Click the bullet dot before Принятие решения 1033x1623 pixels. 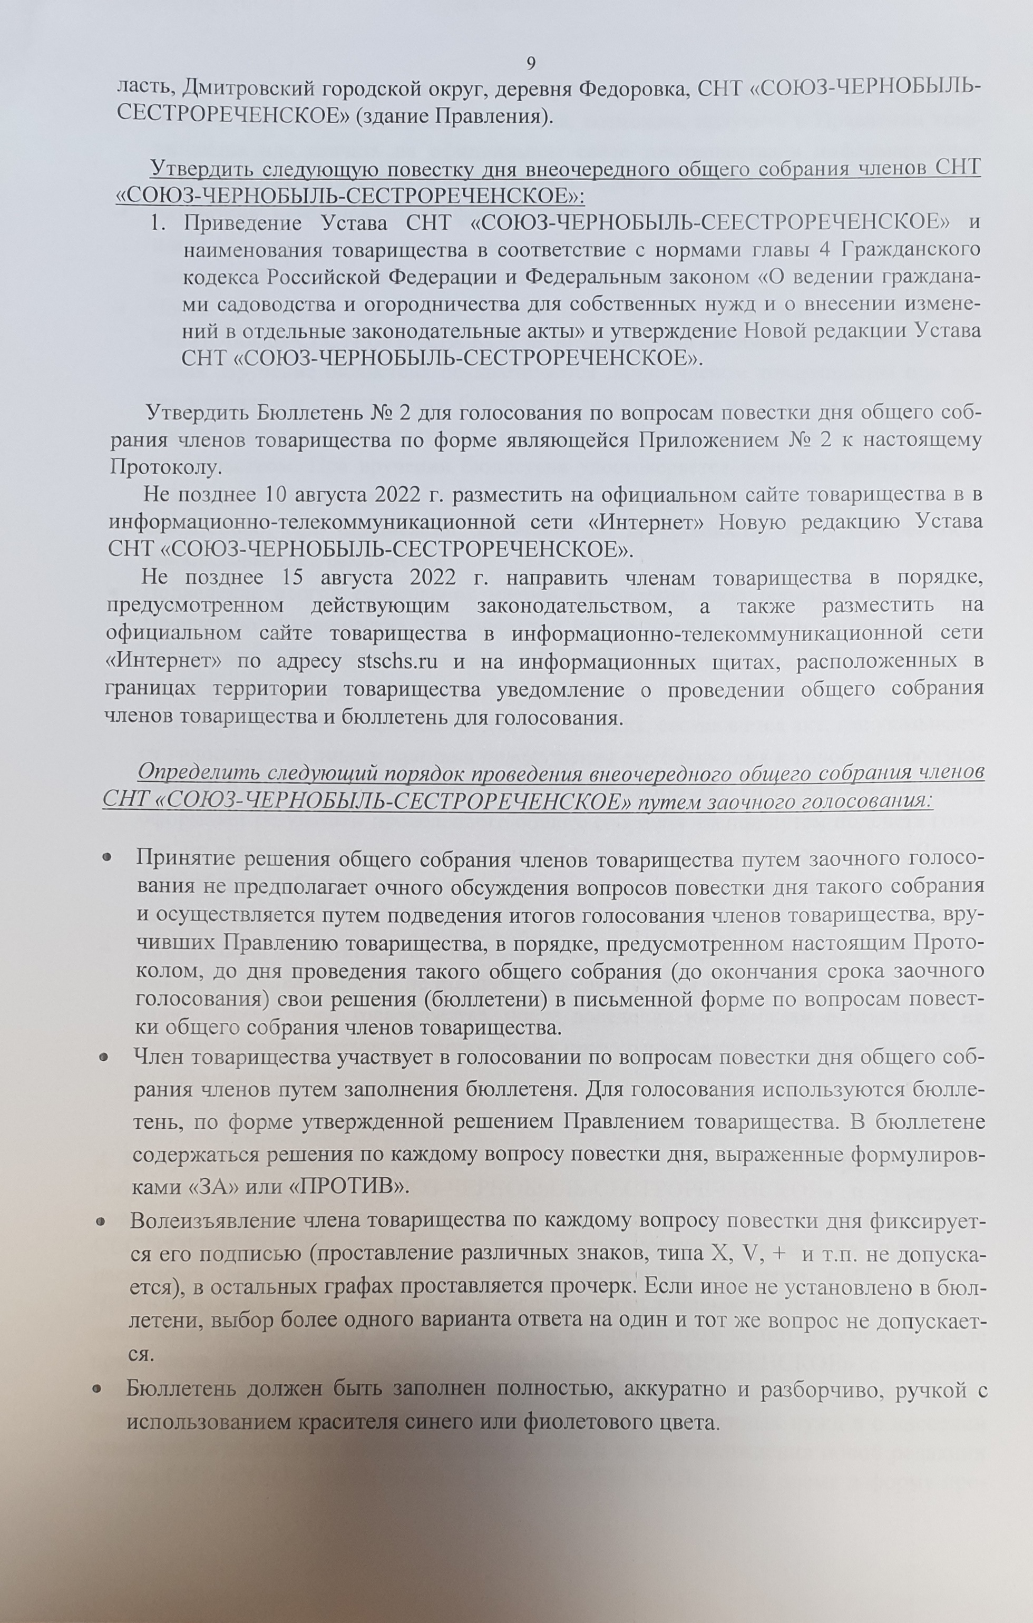coord(106,857)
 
